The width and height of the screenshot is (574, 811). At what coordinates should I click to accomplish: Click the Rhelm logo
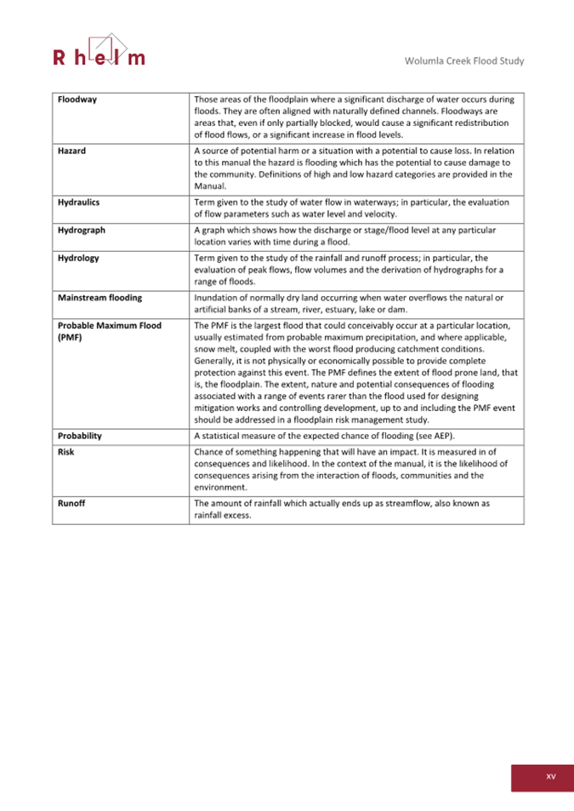pos(99,52)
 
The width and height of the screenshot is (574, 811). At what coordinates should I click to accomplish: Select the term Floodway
pos(77,100)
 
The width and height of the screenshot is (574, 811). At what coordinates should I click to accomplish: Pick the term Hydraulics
pos(79,203)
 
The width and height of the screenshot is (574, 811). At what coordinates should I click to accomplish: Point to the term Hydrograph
pos(82,231)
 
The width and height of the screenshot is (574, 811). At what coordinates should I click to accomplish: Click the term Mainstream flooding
pos(99,298)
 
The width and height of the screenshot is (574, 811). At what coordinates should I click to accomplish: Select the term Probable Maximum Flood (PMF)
pos(109,331)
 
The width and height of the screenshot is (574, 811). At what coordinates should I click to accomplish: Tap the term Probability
pos(80,436)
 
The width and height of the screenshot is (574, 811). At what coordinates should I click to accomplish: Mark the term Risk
pos(65,452)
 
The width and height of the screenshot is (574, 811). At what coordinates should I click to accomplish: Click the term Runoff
pos(71,504)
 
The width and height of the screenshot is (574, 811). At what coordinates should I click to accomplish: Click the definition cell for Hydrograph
pos(355,236)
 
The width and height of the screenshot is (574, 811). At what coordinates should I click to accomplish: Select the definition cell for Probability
pos(355,436)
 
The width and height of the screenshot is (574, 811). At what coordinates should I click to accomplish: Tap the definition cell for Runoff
pos(355,509)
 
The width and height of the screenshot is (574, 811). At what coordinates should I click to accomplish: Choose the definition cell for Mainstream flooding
pos(355,303)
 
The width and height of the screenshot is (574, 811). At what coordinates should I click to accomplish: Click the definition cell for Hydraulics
pos(355,208)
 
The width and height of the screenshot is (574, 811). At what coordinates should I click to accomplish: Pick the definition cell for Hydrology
pos(355,269)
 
